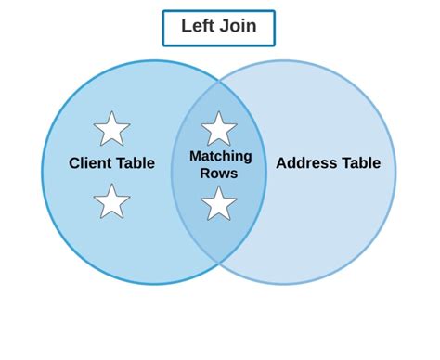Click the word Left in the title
(198, 27)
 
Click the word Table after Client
(136, 164)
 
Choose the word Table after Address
(360, 164)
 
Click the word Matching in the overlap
(220, 156)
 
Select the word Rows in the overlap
(219, 173)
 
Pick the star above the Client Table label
(111, 129)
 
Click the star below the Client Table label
(111, 201)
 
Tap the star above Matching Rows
(219, 129)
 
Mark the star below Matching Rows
(219, 203)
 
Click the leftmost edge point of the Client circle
(43, 173)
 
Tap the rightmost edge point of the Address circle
(396, 173)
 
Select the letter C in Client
(74, 164)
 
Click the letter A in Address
(281, 164)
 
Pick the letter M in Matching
(195, 156)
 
